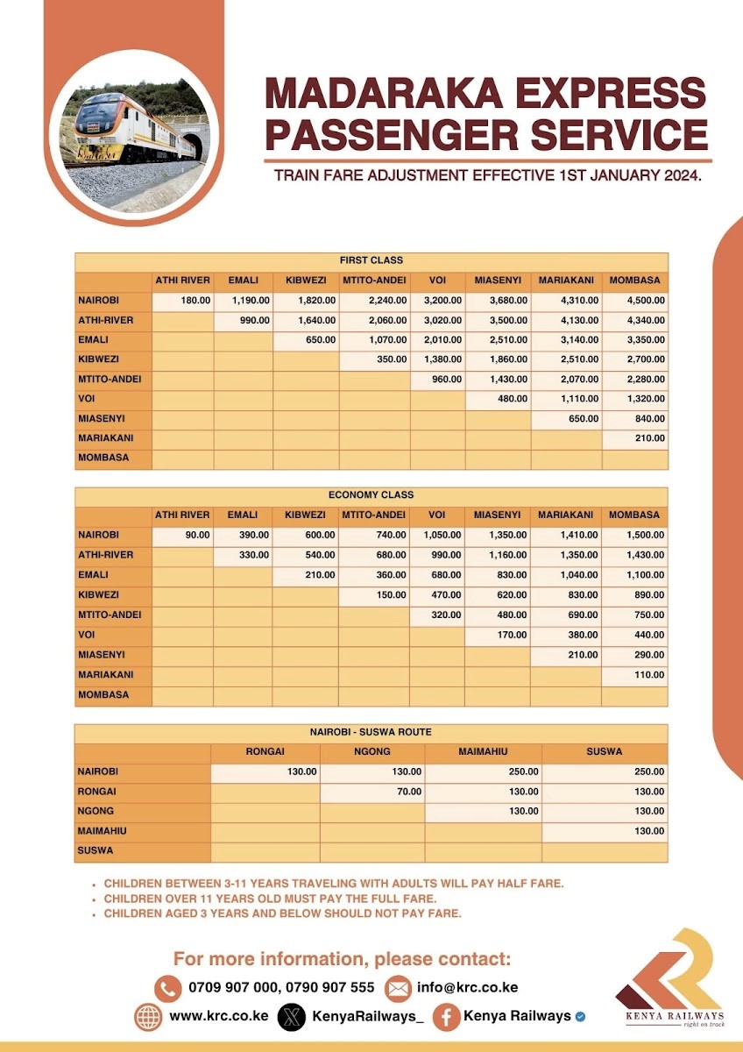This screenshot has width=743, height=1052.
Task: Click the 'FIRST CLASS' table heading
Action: coord(371,260)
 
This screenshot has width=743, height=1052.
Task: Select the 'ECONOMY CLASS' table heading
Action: coord(371,495)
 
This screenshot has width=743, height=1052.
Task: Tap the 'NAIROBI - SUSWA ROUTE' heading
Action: coord(371,731)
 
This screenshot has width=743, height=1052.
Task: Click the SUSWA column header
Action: coord(605,751)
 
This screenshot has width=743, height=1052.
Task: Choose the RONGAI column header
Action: coord(265,751)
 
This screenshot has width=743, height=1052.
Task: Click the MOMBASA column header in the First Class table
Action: coord(635,281)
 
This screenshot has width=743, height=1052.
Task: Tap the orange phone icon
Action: coord(167,988)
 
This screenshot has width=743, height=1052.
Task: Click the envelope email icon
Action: coord(398,988)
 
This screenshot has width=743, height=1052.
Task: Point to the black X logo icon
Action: coord(291,1017)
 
